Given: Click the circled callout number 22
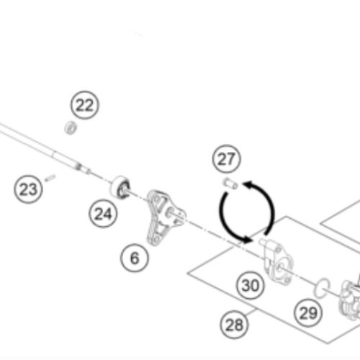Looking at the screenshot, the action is point(84,105).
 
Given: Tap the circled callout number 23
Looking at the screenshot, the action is point(28,189).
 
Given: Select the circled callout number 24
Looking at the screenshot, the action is point(103,214).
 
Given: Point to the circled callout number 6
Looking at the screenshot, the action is point(135,258).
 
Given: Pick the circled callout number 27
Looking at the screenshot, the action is point(227,159).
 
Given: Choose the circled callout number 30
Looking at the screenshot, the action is point(251,285).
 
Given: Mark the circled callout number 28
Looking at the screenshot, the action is point(234,325).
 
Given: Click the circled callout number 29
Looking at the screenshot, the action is point(308,312).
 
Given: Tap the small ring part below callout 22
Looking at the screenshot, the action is point(71,127).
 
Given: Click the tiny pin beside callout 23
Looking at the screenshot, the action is point(50,178).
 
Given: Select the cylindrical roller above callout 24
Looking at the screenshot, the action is point(120,187).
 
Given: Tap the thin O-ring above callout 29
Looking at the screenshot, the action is point(322,288).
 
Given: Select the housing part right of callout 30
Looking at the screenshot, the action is point(276,261).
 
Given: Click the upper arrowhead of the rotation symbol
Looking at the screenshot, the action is point(248,185).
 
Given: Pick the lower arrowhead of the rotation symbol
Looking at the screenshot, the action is point(246,239).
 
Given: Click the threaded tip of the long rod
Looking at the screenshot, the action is point(83,168).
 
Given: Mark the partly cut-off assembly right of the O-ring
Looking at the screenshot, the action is point(350,300).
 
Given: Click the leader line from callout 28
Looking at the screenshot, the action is point(251,313).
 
